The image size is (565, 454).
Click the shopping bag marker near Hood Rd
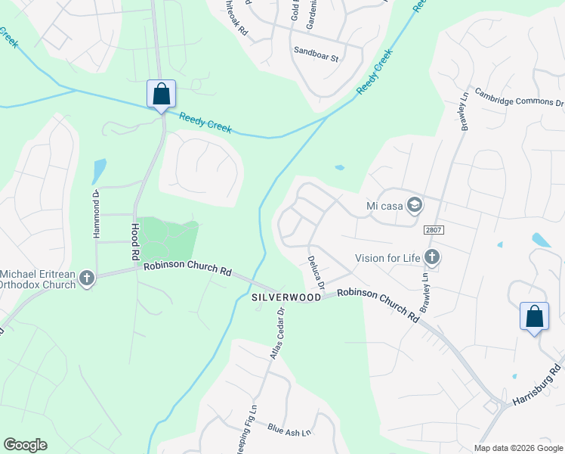tap(161, 95)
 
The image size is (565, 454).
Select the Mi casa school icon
tap(414, 205)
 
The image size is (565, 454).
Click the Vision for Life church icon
tap(432, 258)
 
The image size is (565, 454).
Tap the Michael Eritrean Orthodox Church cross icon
tap(87, 278)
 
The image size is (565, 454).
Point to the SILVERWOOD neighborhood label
tap(287, 299)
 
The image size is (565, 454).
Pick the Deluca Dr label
tap(316, 273)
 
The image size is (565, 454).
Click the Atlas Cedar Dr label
tap(276, 332)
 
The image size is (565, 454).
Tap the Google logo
tap(26, 444)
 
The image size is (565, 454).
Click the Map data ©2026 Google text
tap(518, 448)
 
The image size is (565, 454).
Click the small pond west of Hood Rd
tap(99, 170)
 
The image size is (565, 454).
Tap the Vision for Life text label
tap(387, 258)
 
